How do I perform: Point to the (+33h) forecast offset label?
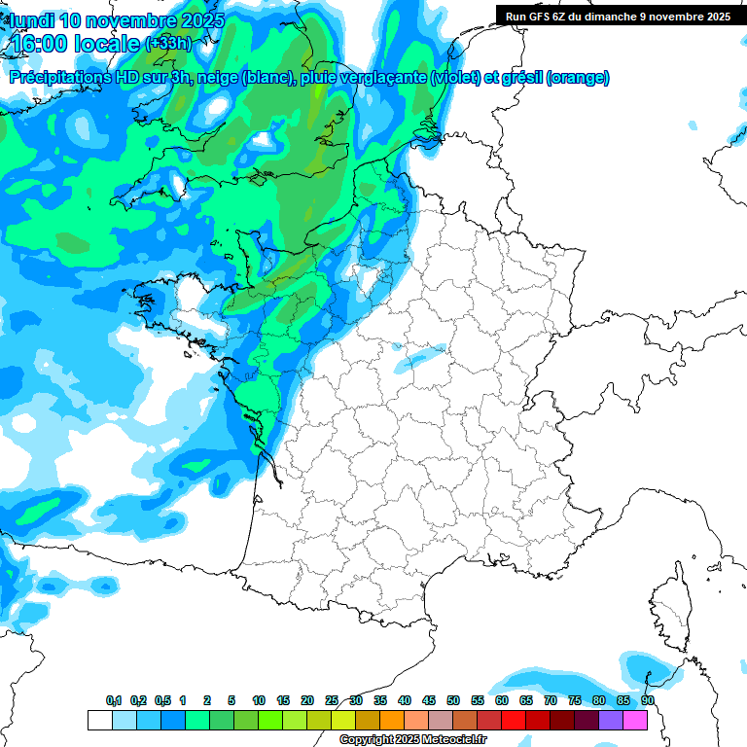(168, 44)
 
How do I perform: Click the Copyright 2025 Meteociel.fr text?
(412, 740)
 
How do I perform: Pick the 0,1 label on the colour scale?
(114, 700)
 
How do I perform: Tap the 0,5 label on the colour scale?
(162, 700)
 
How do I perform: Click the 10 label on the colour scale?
(258, 700)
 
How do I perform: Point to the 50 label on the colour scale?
(453, 700)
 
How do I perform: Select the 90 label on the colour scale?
(648, 700)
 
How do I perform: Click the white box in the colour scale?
(99, 720)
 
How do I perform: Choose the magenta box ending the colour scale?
(635, 720)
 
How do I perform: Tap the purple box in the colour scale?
(611, 720)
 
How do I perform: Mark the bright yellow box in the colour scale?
(343, 720)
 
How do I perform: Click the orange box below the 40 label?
(392, 720)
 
